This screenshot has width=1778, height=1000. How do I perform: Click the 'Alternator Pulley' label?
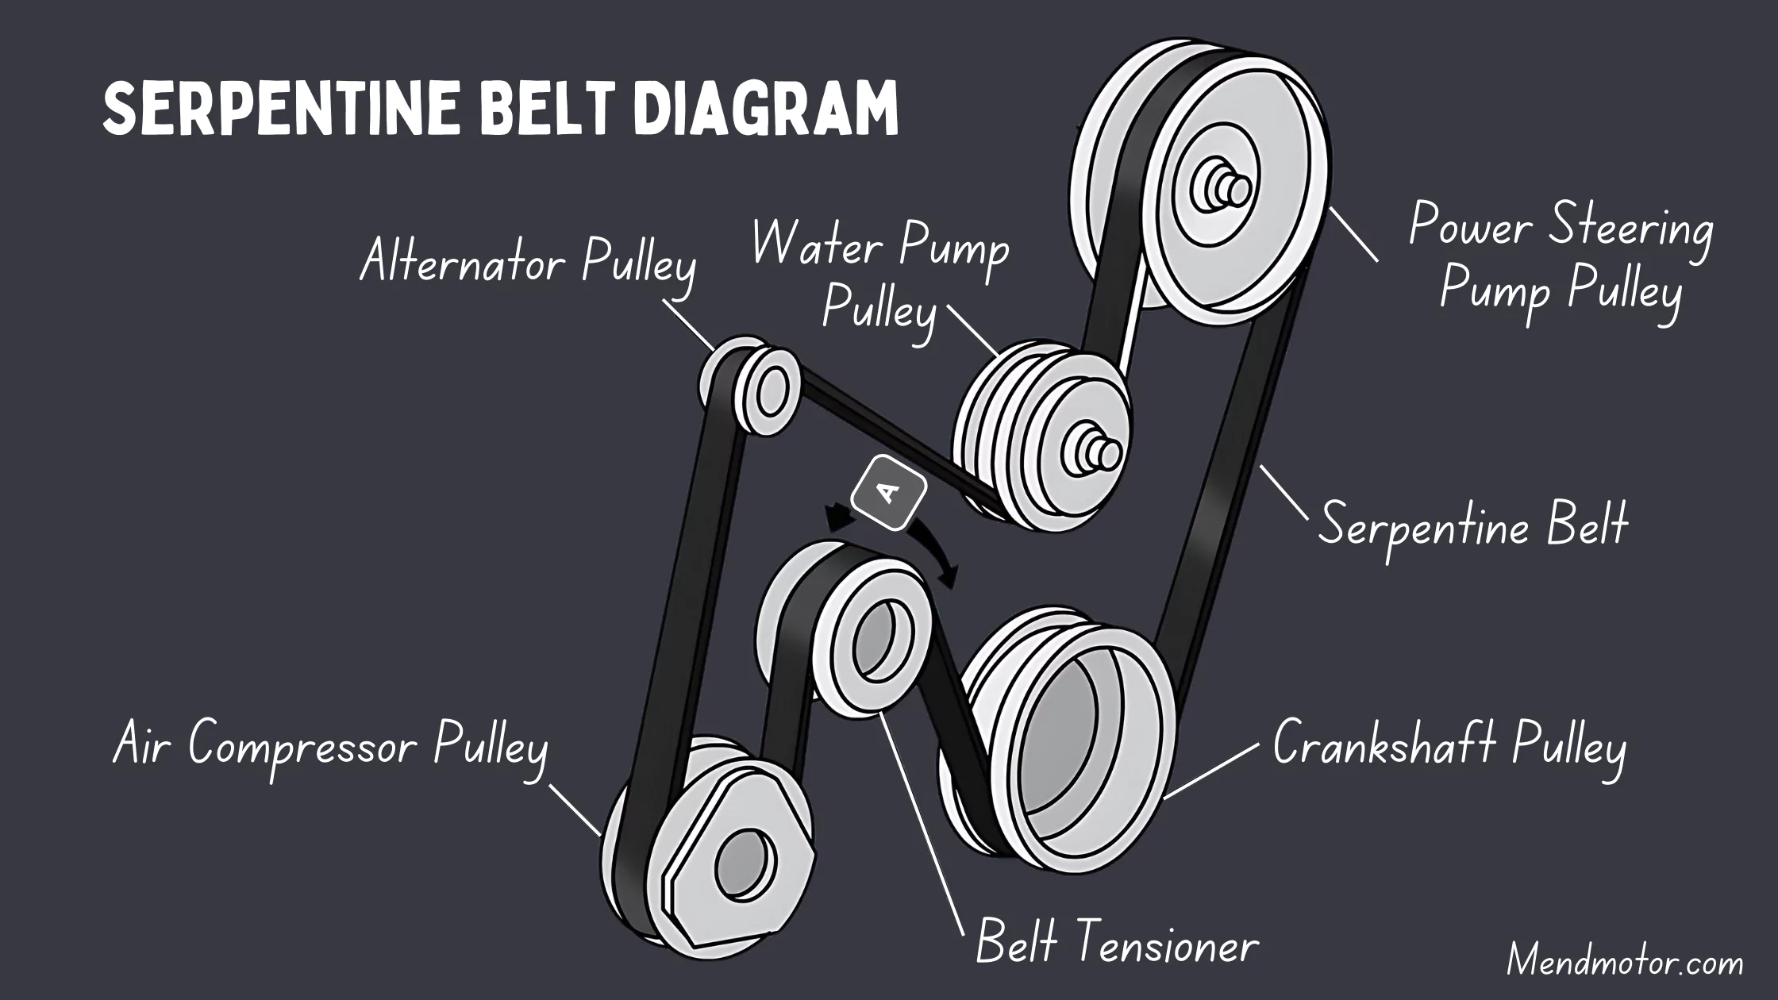tap(528, 262)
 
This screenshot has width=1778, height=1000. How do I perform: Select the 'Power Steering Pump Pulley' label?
tap(1561, 258)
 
